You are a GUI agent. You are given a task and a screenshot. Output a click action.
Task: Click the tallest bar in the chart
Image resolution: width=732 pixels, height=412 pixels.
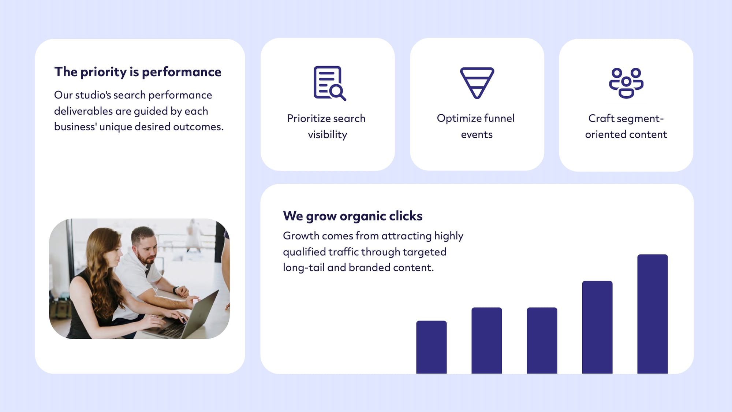click(652, 314)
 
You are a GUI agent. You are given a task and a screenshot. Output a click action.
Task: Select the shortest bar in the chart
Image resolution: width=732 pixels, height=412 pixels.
click(431, 347)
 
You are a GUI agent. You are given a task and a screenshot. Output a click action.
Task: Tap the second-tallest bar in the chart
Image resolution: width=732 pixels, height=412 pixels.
click(597, 327)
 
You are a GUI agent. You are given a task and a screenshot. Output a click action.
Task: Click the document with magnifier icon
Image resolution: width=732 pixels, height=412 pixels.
click(329, 83)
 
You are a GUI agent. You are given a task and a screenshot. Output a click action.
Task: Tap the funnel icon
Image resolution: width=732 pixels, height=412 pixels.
click(477, 83)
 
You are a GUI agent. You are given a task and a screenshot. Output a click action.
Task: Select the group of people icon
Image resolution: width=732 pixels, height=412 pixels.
click(626, 83)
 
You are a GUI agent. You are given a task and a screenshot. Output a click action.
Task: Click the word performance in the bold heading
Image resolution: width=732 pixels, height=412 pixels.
click(181, 72)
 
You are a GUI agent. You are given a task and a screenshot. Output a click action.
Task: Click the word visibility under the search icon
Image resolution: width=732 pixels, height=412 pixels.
click(327, 135)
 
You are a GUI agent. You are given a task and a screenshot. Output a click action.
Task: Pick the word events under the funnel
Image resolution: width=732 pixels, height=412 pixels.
click(477, 135)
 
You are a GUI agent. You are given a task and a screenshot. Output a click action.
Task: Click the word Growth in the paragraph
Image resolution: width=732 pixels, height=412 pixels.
click(301, 236)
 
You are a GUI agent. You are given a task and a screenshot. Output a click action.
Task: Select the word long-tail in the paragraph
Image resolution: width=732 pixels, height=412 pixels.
click(303, 268)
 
